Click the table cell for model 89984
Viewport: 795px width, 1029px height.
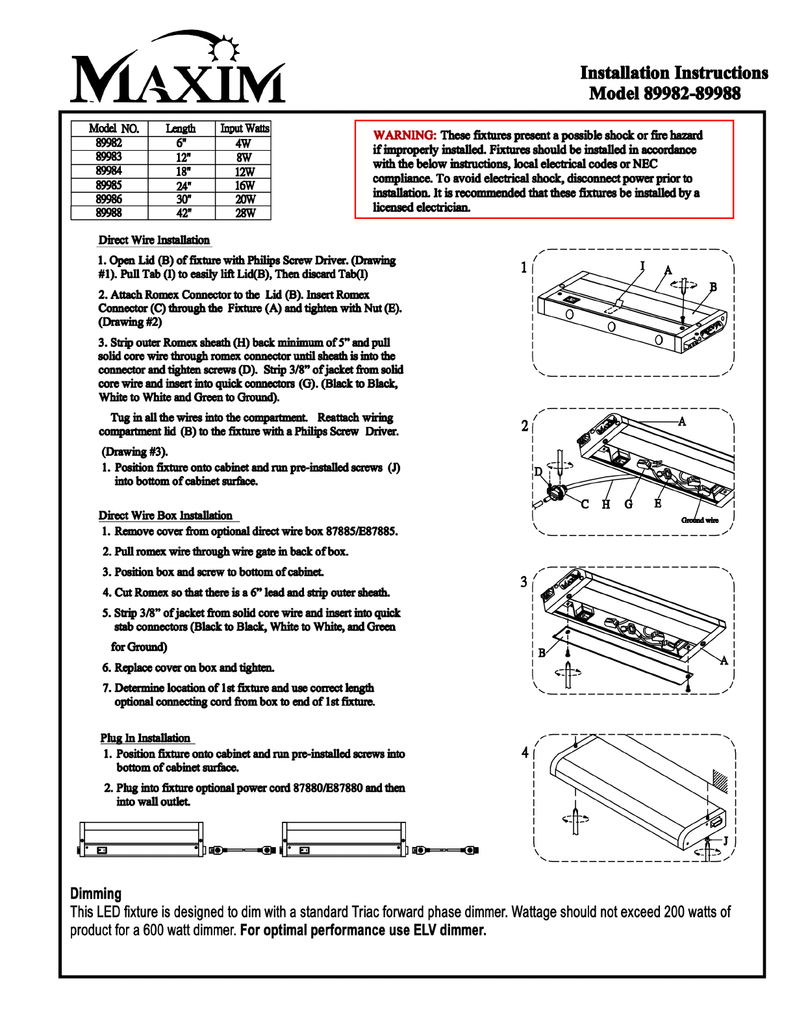109,171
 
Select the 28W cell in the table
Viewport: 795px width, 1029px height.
245,213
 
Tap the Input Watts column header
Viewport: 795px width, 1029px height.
244,129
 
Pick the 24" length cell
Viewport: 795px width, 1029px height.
183,185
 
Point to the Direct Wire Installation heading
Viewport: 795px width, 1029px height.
154,240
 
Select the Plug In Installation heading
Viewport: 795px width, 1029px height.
145,738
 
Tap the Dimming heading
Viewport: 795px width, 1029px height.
95,894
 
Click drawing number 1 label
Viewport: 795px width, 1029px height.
524,268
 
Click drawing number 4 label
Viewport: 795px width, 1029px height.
525,752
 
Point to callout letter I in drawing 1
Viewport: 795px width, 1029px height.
642,266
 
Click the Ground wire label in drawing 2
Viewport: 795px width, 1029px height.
700,520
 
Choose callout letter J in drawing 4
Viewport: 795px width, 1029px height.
726,841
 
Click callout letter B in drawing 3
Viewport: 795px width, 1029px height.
542,653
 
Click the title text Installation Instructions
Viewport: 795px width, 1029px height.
674,73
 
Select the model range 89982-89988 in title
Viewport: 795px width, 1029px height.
692,94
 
